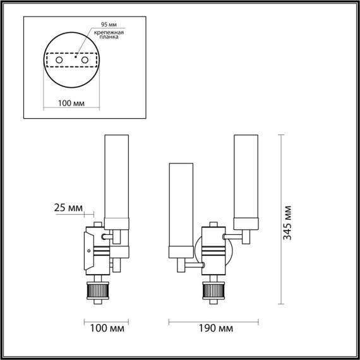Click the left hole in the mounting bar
pos(59,60)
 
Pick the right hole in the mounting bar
pos(82,60)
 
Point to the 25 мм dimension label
pos(69,208)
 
